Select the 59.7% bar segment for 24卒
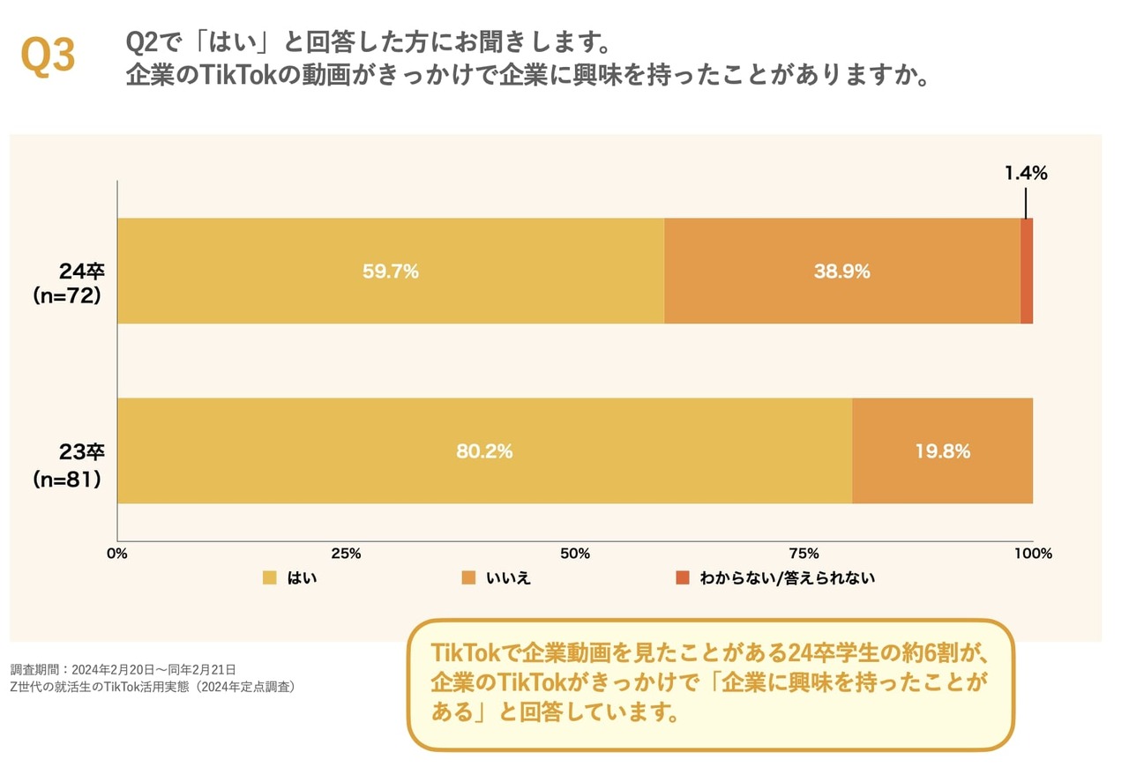coord(390,272)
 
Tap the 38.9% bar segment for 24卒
coord(841,272)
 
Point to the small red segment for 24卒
coord(1027,272)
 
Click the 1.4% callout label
coord(1026,174)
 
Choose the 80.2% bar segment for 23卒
coord(484,451)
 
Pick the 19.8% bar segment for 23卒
coord(942,451)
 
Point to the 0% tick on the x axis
coord(117,554)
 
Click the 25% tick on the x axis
coord(346,554)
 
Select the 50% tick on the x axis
coord(575,554)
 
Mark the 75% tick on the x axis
coord(804,554)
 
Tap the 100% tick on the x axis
coord(1033,554)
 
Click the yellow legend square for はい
coord(270,578)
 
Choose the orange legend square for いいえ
coord(468,578)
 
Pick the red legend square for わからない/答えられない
coord(682,578)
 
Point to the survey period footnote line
coord(123,669)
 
